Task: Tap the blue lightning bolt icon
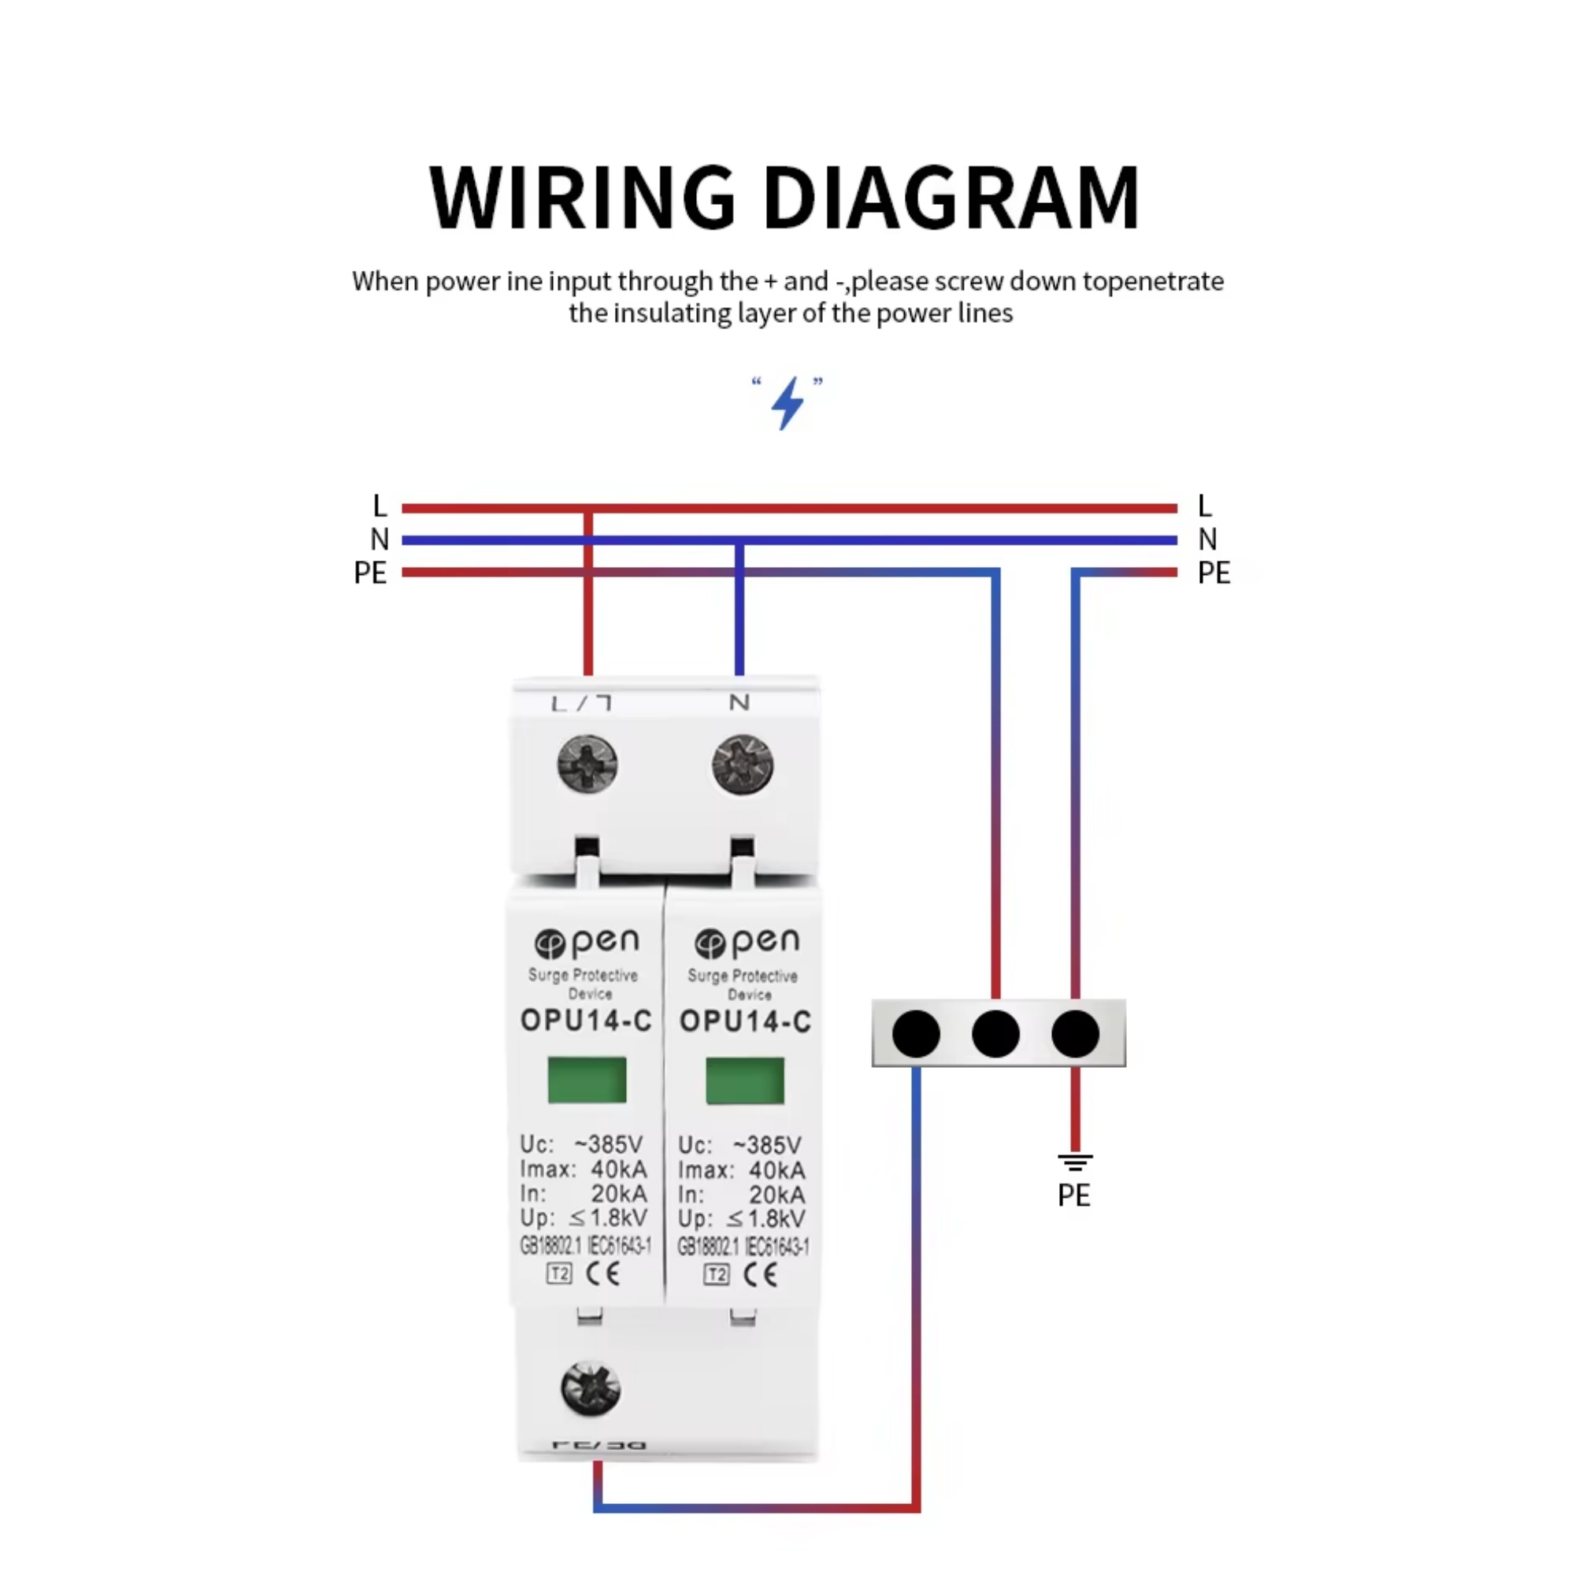(787, 402)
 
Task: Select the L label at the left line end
(379, 506)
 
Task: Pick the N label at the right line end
(1207, 539)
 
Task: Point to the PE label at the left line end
(370, 573)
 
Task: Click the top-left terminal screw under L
(587, 764)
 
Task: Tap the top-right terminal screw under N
(742, 764)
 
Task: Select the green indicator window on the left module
(587, 1080)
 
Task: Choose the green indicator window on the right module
(745, 1080)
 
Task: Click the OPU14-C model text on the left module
(586, 1021)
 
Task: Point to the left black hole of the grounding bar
(917, 1034)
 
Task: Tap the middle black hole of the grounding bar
(995, 1034)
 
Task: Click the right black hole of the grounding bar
(1075, 1034)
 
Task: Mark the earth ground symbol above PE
(1075, 1162)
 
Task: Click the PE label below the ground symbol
(1073, 1196)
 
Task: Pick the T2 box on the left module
(559, 1273)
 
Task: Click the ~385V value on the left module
(608, 1143)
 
